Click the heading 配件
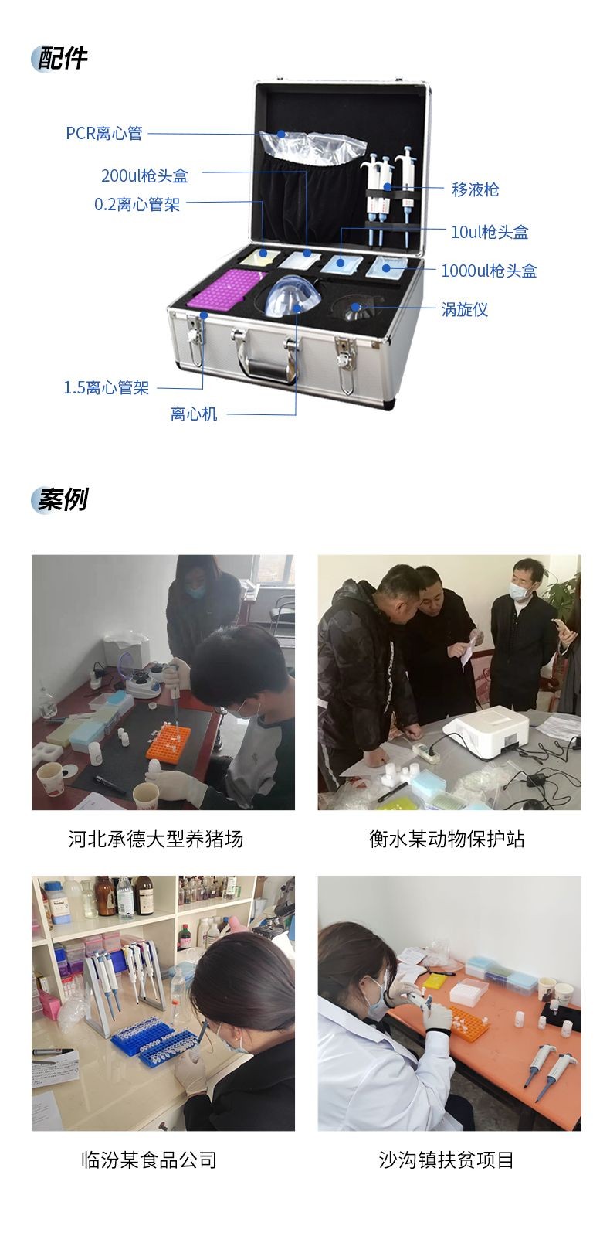point(63,59)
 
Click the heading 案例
point(63,499)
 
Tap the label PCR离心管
point(104,133)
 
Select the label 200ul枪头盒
point(144,175)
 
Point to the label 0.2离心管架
point(137,205)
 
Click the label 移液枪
point(476,189)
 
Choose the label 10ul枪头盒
point(490,232)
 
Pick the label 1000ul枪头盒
point(489,271)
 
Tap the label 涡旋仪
point(465,310)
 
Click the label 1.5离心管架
point(107,388)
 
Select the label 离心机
point(194,414)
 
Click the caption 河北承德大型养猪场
point(156,839)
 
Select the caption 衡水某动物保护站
point(448,839)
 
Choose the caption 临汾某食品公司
point(149,1160)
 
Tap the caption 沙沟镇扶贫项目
point(446,1160)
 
